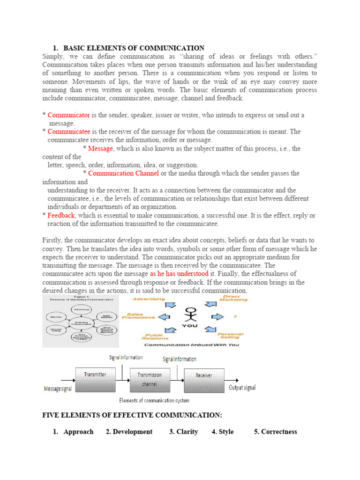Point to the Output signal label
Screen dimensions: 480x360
point(242,388)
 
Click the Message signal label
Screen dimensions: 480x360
point(58,389)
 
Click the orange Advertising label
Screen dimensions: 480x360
point(149,299)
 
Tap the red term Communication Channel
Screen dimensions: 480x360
point(123,173)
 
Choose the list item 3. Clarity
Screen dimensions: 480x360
point(183,432)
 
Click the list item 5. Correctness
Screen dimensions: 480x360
point(276,432)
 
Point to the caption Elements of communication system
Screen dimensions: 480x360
point(154,400)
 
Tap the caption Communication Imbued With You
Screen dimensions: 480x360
point(191,345)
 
